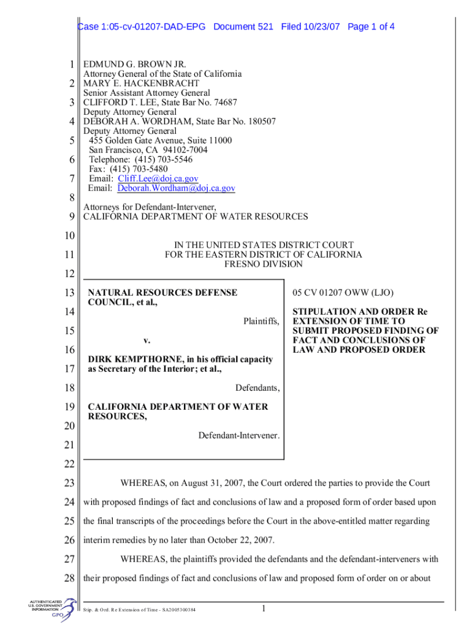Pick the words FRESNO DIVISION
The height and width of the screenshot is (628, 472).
coord(264,264)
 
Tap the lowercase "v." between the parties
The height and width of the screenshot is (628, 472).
coord(147,340)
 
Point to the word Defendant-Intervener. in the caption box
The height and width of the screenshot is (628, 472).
coord(239,435)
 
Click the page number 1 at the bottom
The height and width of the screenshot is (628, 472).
coord(262,608)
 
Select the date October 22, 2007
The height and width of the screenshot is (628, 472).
coord(238,540)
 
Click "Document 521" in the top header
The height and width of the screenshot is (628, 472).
coord(243,27)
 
